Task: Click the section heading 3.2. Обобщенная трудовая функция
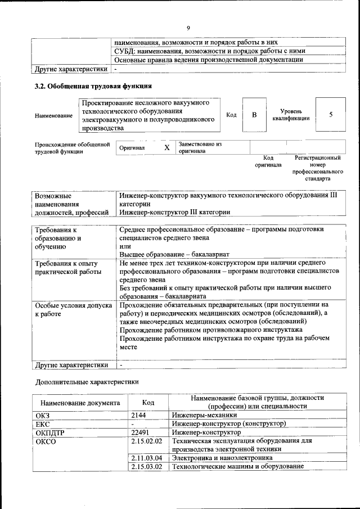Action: pos(93,87)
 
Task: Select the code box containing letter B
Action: pos(254,115)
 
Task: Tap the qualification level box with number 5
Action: pos(331,115)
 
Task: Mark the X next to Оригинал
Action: pos(166,148)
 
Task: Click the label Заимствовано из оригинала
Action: pos(200,147)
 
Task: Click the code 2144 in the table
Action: pos(138,415)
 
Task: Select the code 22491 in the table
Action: pos(141,433)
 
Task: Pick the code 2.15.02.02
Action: pos(146,442)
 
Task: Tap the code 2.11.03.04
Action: pos(146,458)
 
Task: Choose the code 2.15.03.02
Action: pos(146,466)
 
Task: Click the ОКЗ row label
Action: pos(43,415)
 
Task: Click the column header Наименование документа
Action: pos(79,403)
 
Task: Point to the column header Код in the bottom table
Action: pos(148,403)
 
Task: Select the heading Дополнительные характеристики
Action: pos(86,381)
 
